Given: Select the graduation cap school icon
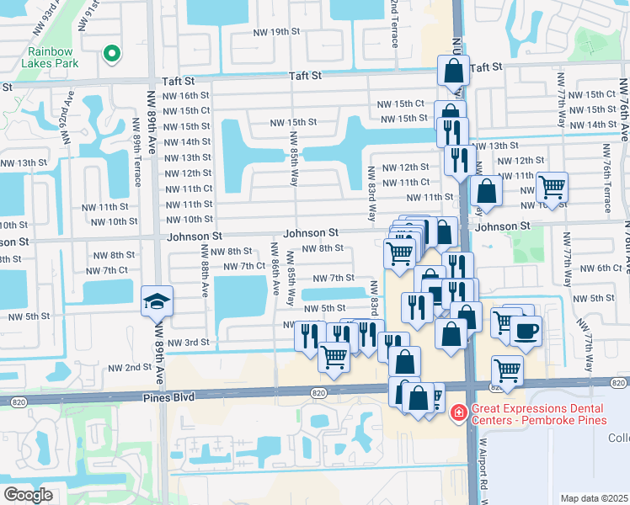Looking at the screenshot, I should click(157, 301).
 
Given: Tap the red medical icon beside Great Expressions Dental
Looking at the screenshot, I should click(458, 412).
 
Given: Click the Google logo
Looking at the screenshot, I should click(29, 495).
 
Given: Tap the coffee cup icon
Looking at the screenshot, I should click(526, 330).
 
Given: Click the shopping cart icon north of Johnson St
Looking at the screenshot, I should click(552, 187).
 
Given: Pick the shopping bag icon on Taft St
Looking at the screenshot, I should click(453, 71).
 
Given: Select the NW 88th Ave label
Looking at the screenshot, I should click(205, 277).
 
